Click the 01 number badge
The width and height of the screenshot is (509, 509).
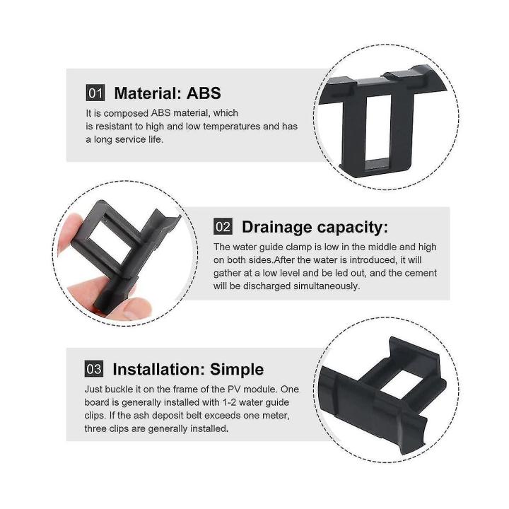click(95, 93)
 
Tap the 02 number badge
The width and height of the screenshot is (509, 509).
click(223, 226)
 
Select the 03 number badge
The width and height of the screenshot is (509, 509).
click(94, 369)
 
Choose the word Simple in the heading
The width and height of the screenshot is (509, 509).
click(236, 369)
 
